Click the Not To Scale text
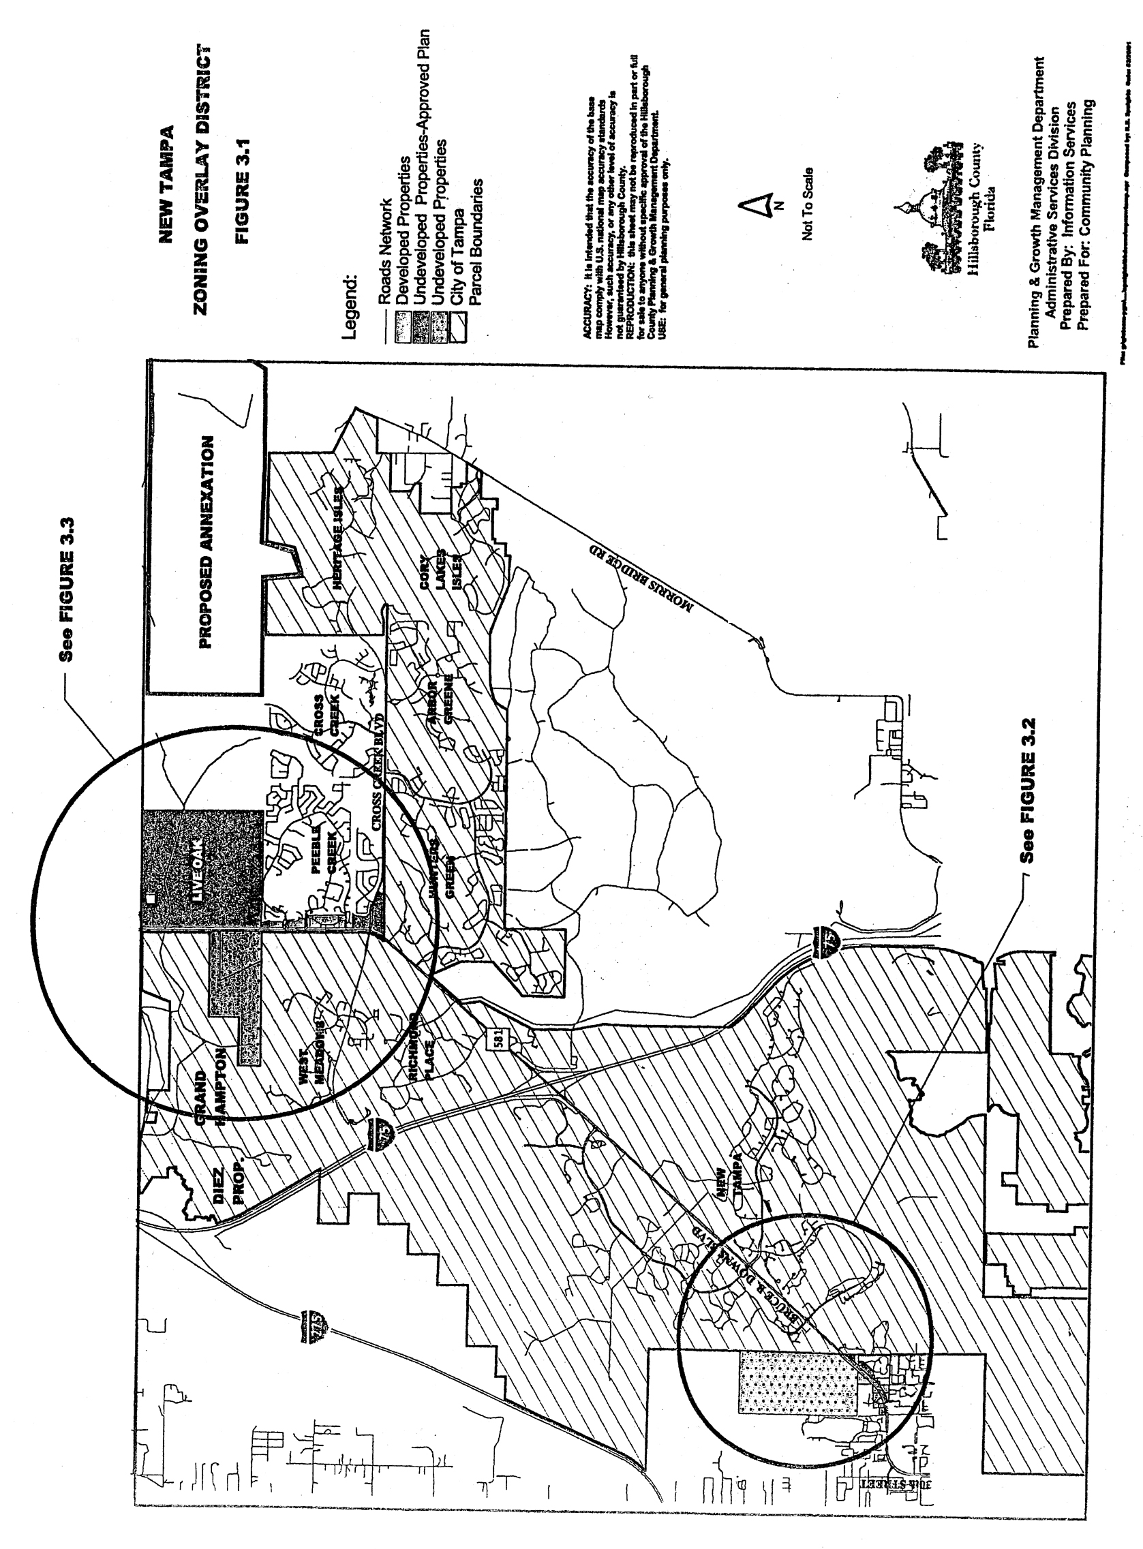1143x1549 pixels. pyautogui.click(x=807, y=204)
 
